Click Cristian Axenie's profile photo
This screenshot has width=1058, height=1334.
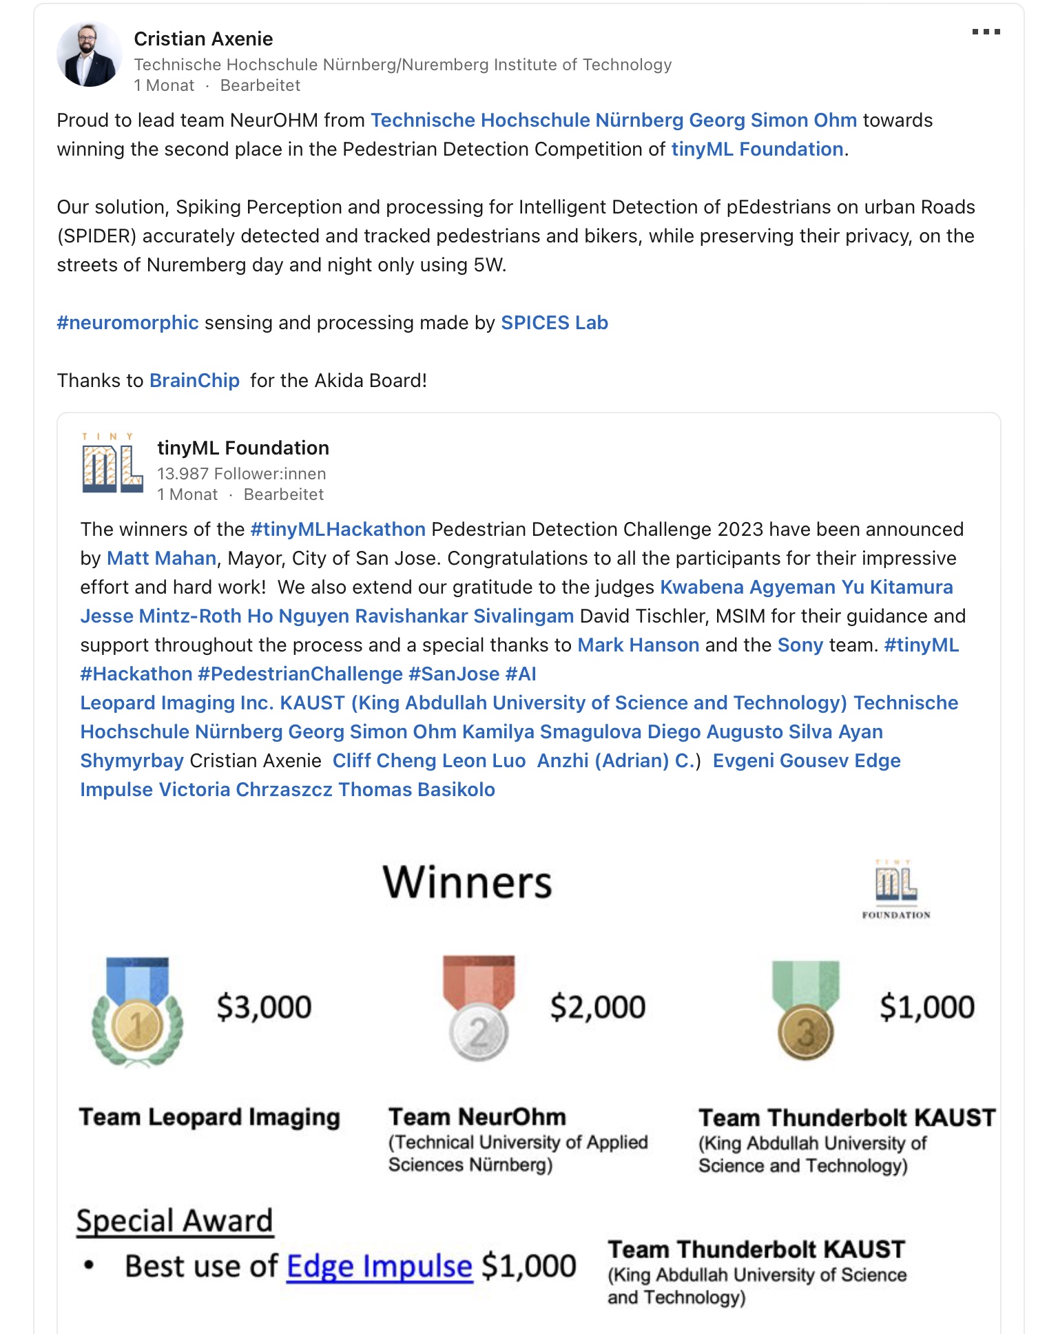tap(89, 54)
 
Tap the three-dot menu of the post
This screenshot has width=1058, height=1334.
tap(986, 32)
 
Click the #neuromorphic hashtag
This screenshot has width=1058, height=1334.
tap(127, 322)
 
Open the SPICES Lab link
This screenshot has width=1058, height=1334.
tap(554, 322)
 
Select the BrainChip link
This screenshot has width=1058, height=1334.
tap(194, 380)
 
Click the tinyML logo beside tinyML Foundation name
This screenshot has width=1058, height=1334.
tap(112, 463)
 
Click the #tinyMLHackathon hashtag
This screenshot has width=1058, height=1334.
tap(338, 529)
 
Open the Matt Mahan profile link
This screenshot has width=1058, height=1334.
tap(161, 558)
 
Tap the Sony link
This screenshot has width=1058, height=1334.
tap(800, 645)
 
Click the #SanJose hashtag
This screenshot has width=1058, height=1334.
tap(453, 674)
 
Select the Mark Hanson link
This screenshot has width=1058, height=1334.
tap(638, 645)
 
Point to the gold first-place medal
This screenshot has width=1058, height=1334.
tap(138, 1012)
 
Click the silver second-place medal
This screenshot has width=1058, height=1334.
tap(479, 1009)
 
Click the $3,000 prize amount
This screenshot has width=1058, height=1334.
tap(264, 1007)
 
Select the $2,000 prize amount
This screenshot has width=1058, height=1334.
tap(597, 1007)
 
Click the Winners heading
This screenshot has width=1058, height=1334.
tap(467, 882)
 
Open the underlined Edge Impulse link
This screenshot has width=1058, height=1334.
tap(379, 1266)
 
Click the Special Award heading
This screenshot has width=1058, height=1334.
tap(175, 1220)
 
